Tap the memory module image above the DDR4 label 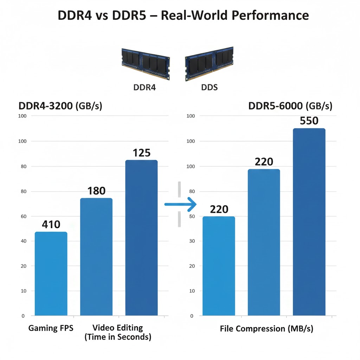tap(145, 63)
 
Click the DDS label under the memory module tap(210, 87)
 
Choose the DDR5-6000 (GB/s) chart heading tap(290, 106)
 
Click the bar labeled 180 tap(96, 257)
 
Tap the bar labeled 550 tap(309, 222)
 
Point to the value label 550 tap(309, 121)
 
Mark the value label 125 tap(142, 153)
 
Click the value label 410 tap(51, 224)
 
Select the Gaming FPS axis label tap(51, 328)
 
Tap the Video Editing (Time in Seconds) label tap(118, 333)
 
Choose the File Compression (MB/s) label tap(266, 329)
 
